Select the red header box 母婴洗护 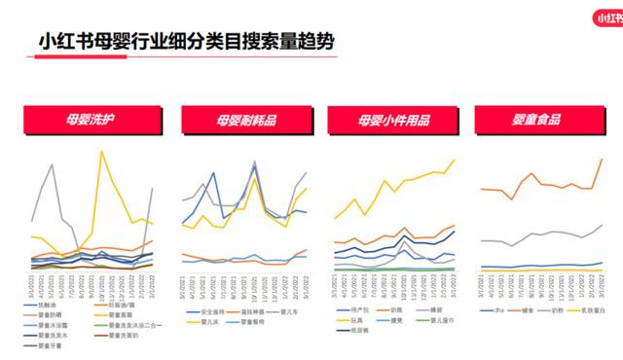(x=91, y=121)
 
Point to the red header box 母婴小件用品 (x=394, y=121)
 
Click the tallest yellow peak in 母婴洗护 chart (x=101, y=152)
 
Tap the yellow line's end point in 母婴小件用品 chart (x=454, y=161)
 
